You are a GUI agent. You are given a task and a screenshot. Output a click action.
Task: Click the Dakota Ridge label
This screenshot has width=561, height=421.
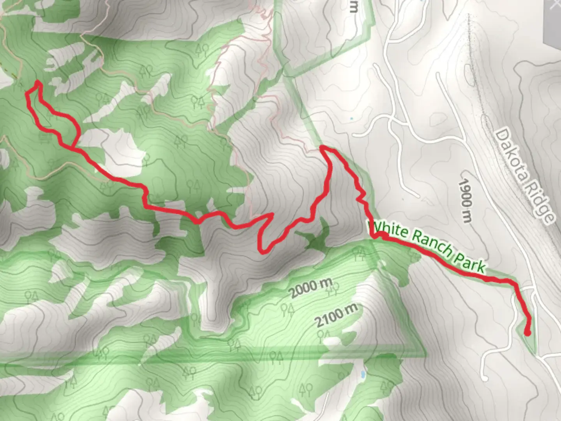click(x=524, y=176)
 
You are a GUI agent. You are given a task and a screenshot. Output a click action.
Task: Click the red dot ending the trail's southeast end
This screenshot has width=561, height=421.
click(x=527, y=333)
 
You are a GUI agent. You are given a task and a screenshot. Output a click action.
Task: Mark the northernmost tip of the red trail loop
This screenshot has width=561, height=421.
click(x=37, y=82)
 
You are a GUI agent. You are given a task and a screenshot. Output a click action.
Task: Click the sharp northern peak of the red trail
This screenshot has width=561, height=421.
click(x=322, y=147)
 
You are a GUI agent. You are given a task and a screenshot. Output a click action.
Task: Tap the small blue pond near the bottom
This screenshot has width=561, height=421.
click(x=363, y=374)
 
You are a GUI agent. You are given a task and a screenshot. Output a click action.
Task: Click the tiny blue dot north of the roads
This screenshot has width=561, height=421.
click(x=352, y=118)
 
